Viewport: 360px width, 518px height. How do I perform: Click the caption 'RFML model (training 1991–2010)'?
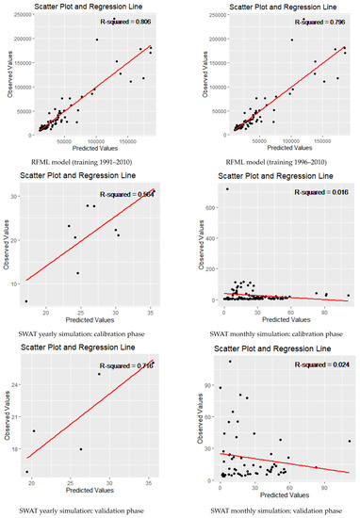[89, 148]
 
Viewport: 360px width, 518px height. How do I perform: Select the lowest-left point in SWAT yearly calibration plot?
[26, 301]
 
